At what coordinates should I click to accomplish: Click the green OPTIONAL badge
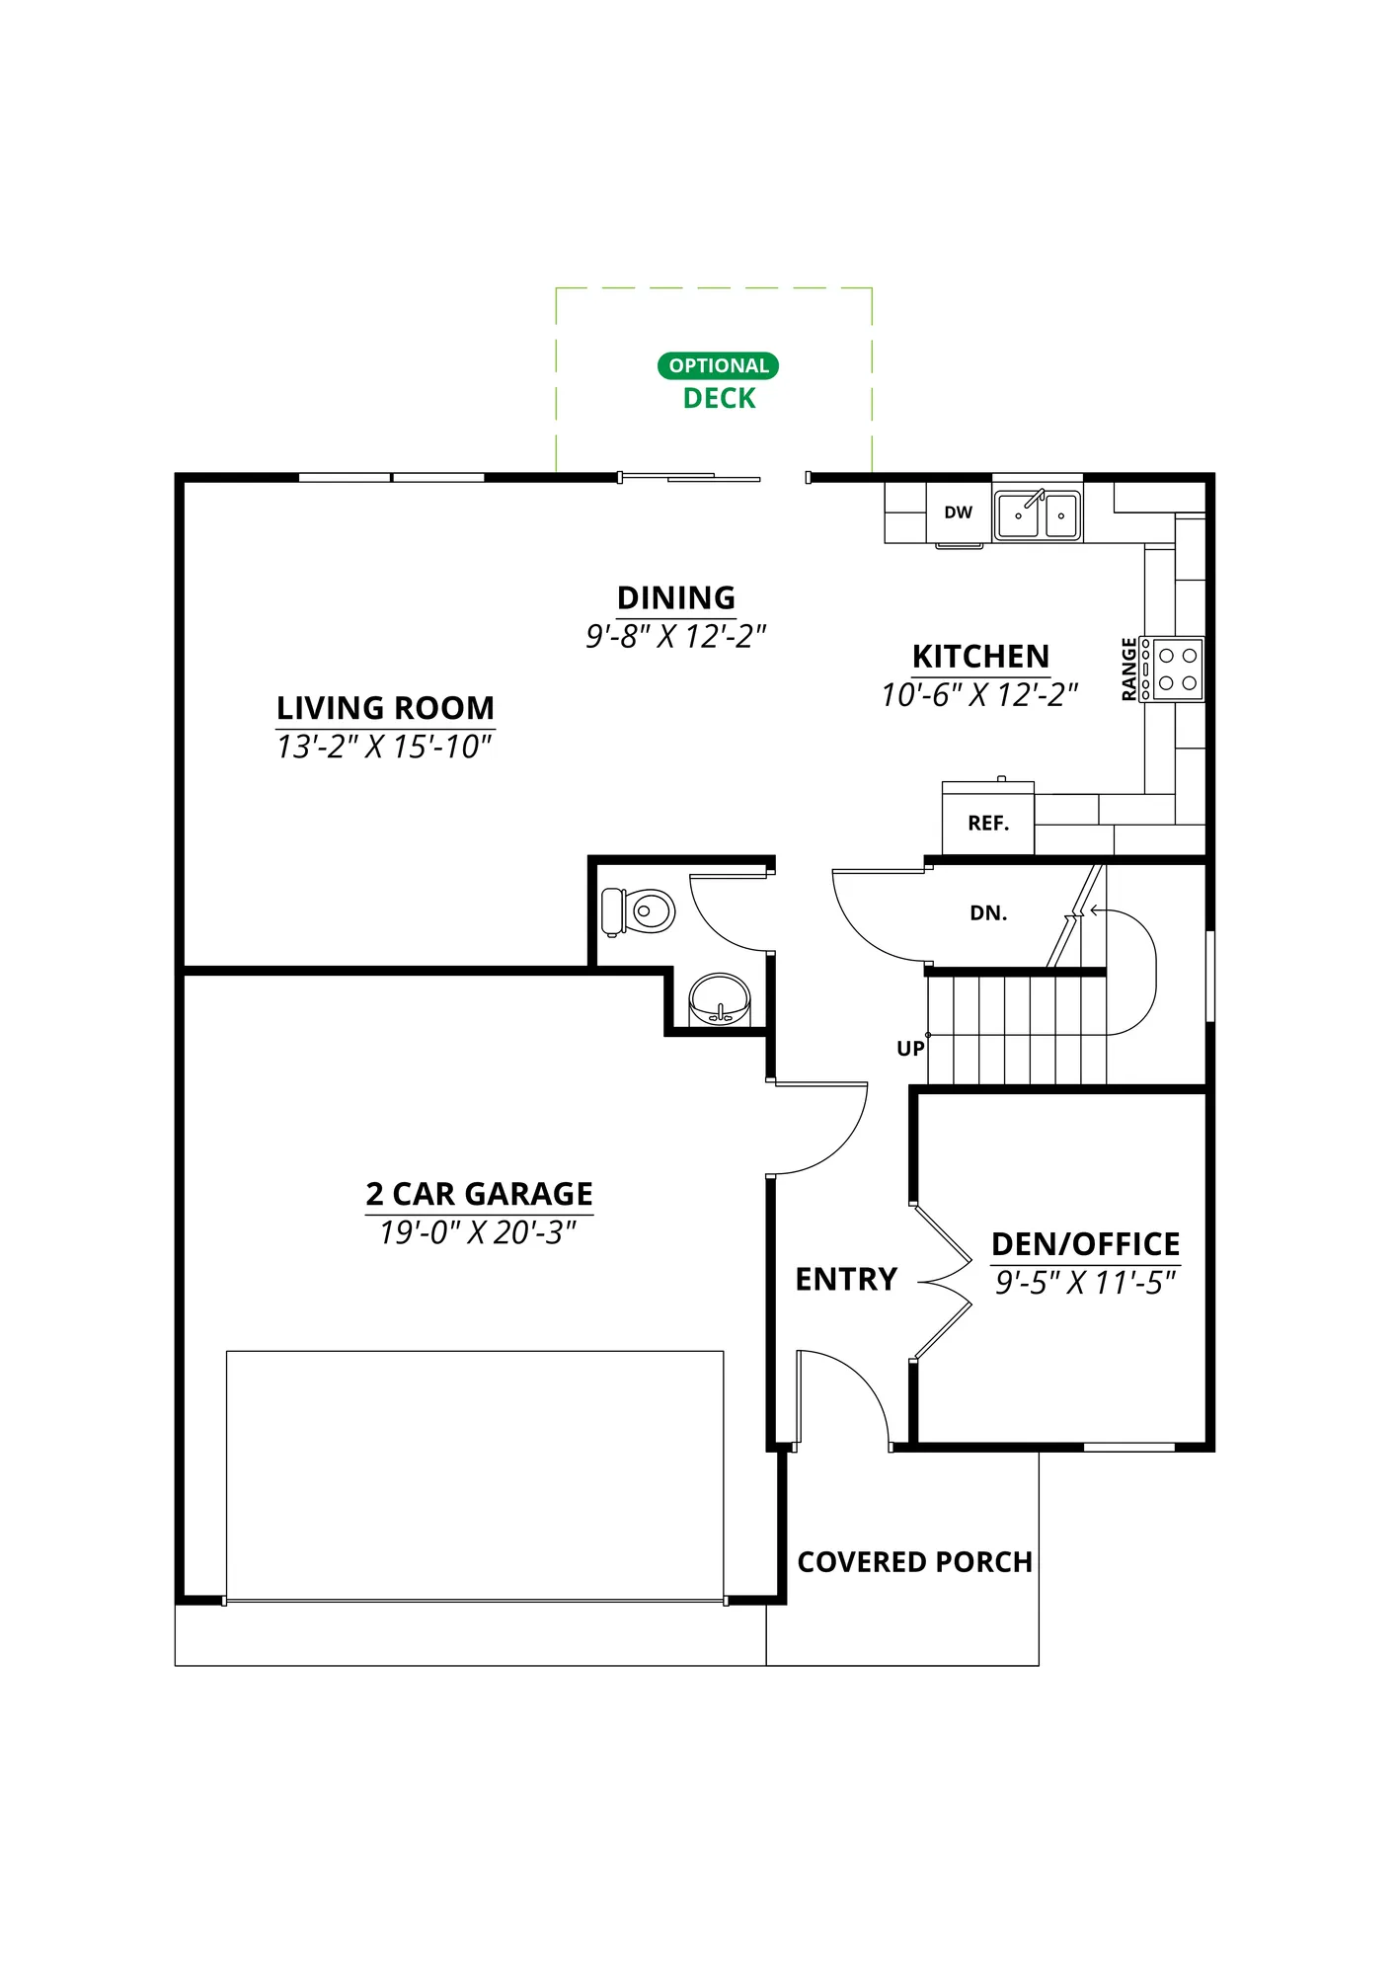point(718,365)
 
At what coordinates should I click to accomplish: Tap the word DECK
point(719,398)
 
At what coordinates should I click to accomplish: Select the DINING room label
point(676,597)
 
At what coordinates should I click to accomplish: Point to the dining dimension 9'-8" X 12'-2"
point(676,636)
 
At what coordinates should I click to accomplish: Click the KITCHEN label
point(980,656)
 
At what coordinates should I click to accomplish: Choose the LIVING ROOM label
point(385,708)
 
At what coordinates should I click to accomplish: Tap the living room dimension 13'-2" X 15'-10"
point(384,747)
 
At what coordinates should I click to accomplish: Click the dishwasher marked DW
point(958,513)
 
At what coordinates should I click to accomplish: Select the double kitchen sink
point(1037,513)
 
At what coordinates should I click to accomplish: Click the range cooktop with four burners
point(1172,669)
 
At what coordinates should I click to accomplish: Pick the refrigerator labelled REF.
point(988,819)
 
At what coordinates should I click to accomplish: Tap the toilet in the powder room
point(638,911)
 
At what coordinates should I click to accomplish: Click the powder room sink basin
point(719,998)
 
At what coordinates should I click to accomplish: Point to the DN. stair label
point(988,913)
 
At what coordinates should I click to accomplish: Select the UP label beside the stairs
point(910,1049)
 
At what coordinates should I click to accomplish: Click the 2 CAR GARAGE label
point(479,1194)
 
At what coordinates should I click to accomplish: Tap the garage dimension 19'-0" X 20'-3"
point(478,1232)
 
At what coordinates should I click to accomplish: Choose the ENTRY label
point(846,1279)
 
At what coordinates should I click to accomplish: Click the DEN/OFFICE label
point(1085,1243)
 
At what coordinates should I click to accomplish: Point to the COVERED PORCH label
point(914,1562)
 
